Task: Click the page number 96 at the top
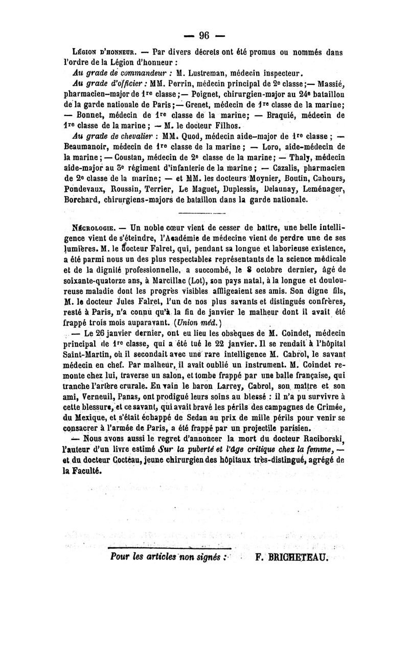pos(204,35)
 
